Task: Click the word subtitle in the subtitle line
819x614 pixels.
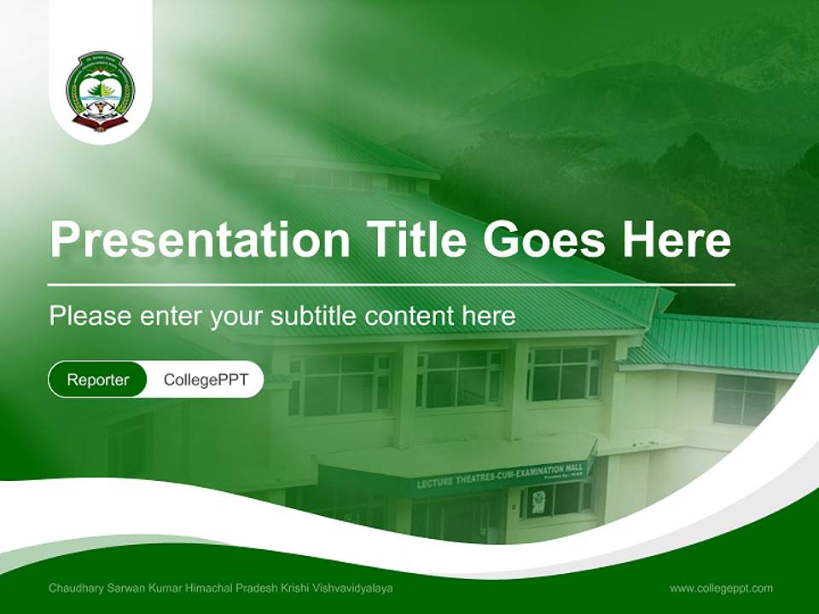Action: pos(313,316)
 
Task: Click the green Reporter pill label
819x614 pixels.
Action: pos(98,379)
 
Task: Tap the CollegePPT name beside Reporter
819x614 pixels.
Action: pos(206,379)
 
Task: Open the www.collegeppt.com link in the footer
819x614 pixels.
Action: pos(721,588)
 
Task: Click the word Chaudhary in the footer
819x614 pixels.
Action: pos(75,588)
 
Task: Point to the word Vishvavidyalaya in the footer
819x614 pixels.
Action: pos(353,588)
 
